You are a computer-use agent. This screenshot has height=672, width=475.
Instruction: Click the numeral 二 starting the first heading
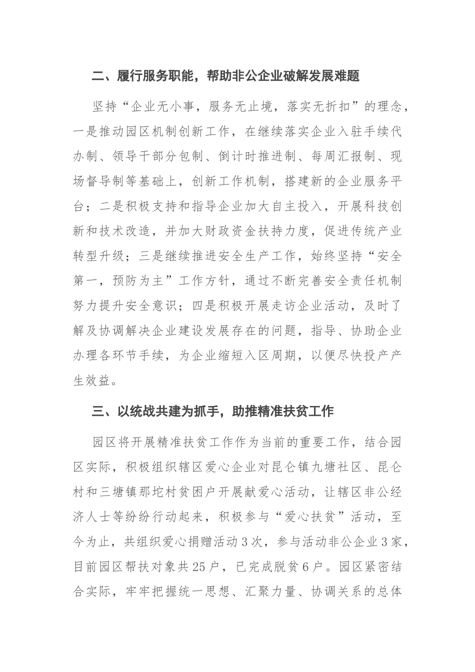pyautogui.click(x=98, y=76)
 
